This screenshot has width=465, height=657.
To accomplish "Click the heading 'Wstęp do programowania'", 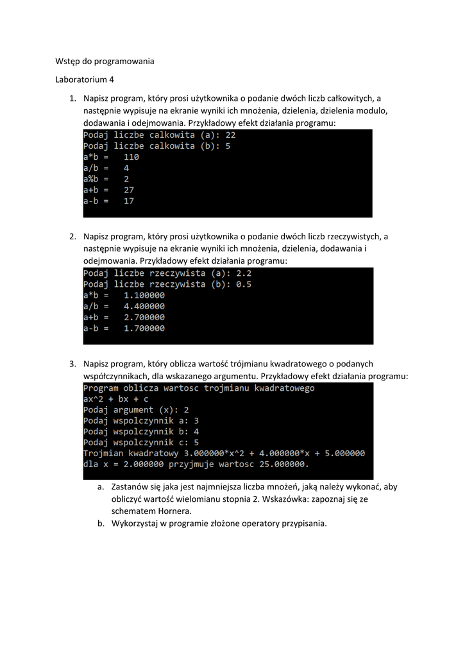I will point(103,62).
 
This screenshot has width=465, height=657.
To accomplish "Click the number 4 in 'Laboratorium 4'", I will point(112,80).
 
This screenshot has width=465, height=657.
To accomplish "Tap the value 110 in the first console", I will point(131,157).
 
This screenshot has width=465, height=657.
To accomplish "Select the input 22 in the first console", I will point(231,135).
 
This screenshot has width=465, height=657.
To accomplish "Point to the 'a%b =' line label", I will point(96,179).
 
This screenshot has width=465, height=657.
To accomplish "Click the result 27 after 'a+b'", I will point(129,190).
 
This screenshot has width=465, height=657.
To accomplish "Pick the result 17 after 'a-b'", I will point(129,201).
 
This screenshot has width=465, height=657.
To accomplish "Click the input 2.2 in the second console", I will point(244,273).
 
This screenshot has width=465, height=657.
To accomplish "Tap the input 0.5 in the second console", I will point(244,284).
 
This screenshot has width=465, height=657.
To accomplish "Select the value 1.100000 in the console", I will point(144,295).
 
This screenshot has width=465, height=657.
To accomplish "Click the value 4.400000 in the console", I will point(144,306).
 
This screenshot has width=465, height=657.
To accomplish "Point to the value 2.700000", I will point(144,317).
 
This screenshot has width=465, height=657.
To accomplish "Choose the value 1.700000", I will point(144,328).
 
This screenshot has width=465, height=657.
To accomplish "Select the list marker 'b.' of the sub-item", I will point(101,524).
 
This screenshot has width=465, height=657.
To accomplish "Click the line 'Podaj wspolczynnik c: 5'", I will point(141,442).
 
